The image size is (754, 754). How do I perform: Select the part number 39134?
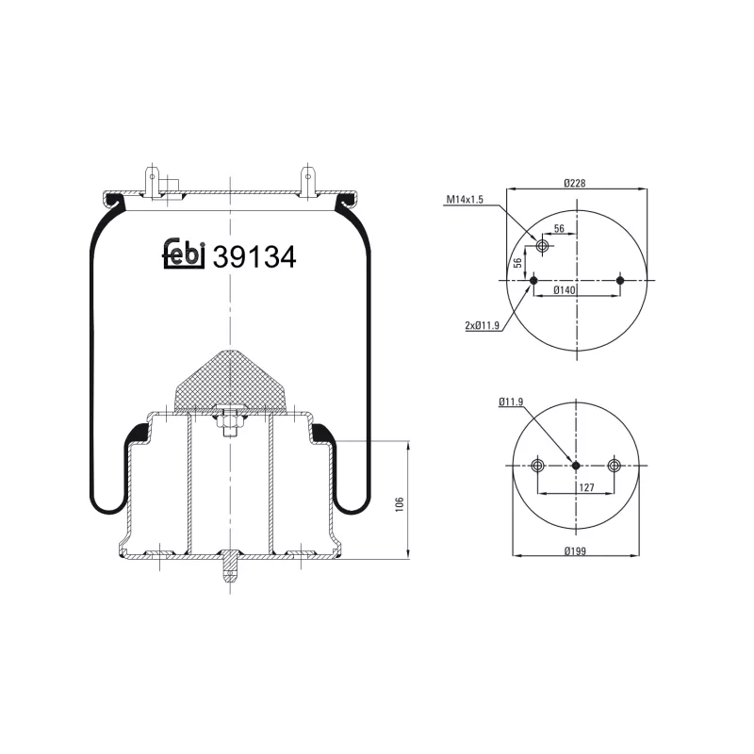(254, 256)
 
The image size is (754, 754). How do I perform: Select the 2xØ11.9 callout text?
(482, 325)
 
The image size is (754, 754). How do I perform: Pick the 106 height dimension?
(401, 504)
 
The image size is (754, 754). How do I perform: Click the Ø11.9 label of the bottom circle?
(512, 402)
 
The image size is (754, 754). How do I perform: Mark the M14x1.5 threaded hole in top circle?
(542, 246)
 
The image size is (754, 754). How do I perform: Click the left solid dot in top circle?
(533, 280)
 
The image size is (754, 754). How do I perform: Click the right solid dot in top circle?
(620, 280)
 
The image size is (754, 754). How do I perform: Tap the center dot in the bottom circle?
(576, 466)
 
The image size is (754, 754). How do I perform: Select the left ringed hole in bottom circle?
(537, 466)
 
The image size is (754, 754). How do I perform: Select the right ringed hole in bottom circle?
(615, 466)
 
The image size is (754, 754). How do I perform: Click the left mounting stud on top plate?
(151, 181)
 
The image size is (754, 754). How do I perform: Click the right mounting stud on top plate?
(307, 181)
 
